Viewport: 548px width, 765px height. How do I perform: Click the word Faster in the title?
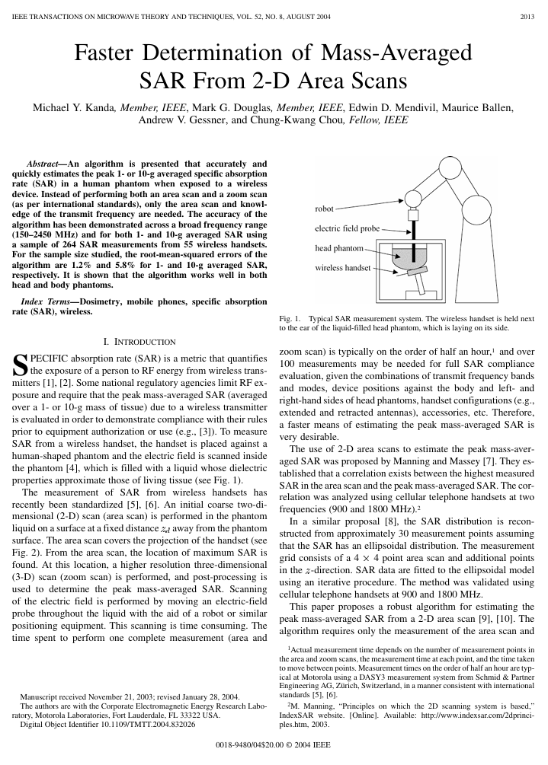coord(113,54)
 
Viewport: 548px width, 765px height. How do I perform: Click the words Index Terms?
coord(46,302)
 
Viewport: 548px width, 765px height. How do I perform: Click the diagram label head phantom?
coord(338,248)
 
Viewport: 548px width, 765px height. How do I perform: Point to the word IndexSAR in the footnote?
coord(298,716)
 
